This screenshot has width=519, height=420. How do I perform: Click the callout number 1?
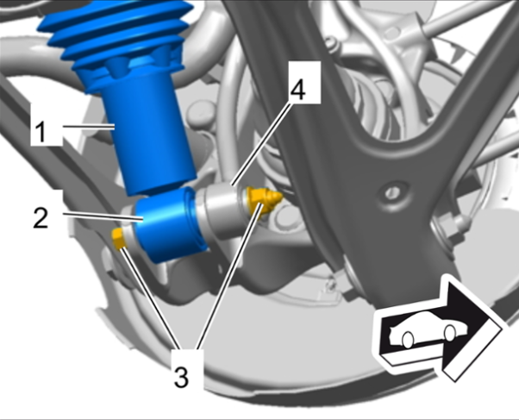(41, 131)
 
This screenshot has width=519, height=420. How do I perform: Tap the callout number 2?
(41, 217)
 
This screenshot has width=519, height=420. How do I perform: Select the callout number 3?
(181, 377)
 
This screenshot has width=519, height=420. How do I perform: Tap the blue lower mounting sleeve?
(169, 225)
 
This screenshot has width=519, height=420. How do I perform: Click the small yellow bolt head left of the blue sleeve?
(119, 238)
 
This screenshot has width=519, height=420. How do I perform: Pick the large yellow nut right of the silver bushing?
(264, 200)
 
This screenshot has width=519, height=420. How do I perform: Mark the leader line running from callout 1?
(89, 126)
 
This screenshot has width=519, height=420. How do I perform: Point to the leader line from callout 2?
(103, 216)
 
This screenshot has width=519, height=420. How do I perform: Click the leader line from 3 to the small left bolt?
(150, 298)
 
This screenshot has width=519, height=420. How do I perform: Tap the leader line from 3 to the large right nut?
(229, 277)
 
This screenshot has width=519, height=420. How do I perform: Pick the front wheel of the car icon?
(449, 333)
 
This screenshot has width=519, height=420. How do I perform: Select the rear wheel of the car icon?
(408, 340)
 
